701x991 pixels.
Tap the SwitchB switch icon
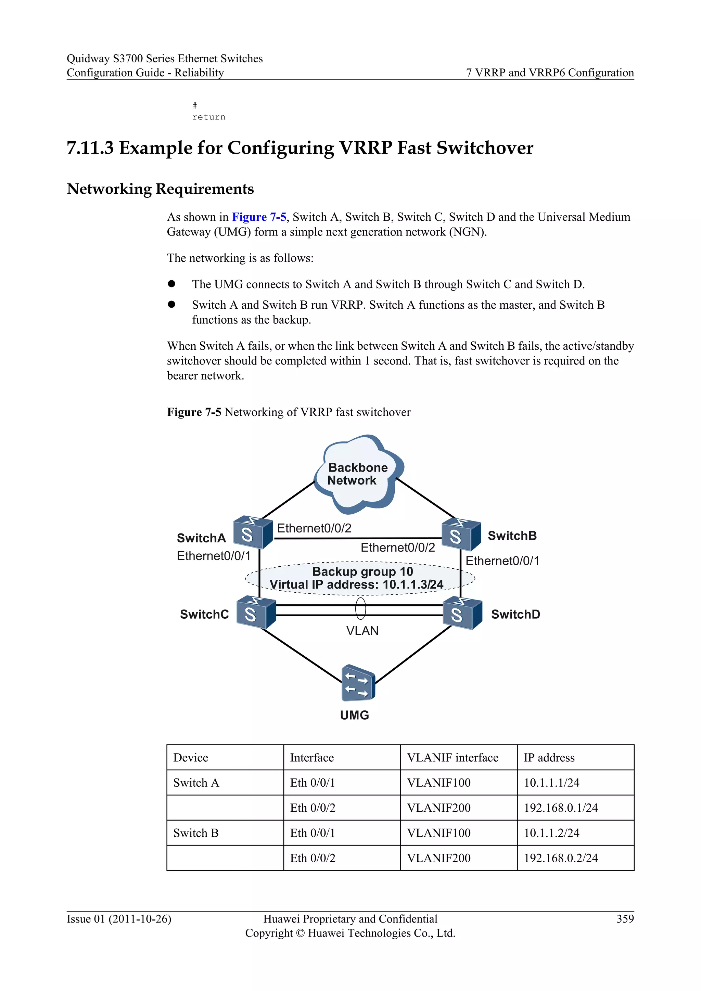coord(461,535)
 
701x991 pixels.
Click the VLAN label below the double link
coord(362,631)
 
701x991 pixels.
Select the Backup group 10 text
coord(362,571)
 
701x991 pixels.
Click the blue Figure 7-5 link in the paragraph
coord(259,217)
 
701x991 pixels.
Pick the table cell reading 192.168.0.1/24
coord(561,808)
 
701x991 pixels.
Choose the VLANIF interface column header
coord(453,758)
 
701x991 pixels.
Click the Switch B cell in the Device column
coord(196,833)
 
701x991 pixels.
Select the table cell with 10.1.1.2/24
coord(551,833)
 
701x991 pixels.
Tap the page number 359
coord(625,919)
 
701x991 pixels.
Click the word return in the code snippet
coord(209,117)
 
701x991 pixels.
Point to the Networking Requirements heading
coord(160,189)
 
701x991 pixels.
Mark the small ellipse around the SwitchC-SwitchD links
coord(360,608)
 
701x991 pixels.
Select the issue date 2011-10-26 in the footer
coord(140,919)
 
